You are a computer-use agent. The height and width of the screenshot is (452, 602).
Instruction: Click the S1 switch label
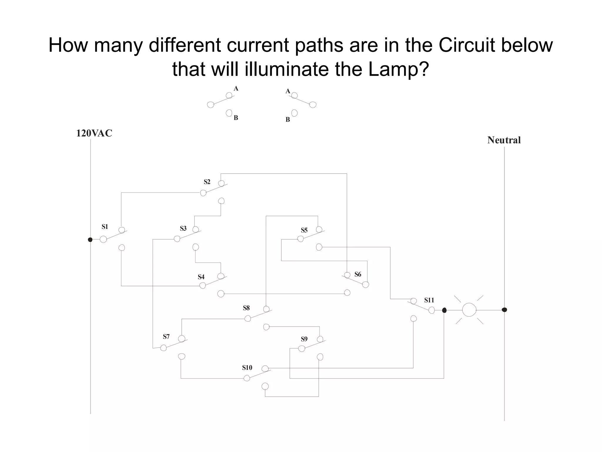click(105, 227)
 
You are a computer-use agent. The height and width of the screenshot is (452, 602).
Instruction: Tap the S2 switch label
click(207, 182)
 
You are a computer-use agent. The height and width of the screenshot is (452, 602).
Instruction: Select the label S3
click(183, 228)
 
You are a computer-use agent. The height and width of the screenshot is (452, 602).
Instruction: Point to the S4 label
click(201, 277)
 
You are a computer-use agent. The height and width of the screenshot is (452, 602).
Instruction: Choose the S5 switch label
click(304, 230)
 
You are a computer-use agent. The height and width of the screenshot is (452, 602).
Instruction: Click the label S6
click(358, 274)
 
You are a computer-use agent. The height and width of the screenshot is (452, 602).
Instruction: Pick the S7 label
click(166, 337)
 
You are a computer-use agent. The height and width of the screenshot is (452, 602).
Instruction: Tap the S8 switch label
click(246, 308)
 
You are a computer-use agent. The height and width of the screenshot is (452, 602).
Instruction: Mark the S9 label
click(304, 339)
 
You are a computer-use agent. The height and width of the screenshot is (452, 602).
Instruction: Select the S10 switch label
click(247, 368)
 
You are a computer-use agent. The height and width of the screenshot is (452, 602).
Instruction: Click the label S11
click(429, 300)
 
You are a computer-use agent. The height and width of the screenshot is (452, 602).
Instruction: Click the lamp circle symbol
click(469, 310)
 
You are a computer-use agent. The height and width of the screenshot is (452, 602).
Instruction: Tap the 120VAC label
click(94, 133)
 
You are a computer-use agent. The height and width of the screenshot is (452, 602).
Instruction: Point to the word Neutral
click(504, 140)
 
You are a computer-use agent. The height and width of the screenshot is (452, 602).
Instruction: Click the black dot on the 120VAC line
click(90, 240)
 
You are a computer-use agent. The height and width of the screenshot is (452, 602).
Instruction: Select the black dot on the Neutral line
click(504, 310)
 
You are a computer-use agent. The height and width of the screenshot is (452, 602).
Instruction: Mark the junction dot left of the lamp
click(444, 310)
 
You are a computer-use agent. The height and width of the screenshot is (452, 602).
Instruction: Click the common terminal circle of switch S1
click(103, 239)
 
